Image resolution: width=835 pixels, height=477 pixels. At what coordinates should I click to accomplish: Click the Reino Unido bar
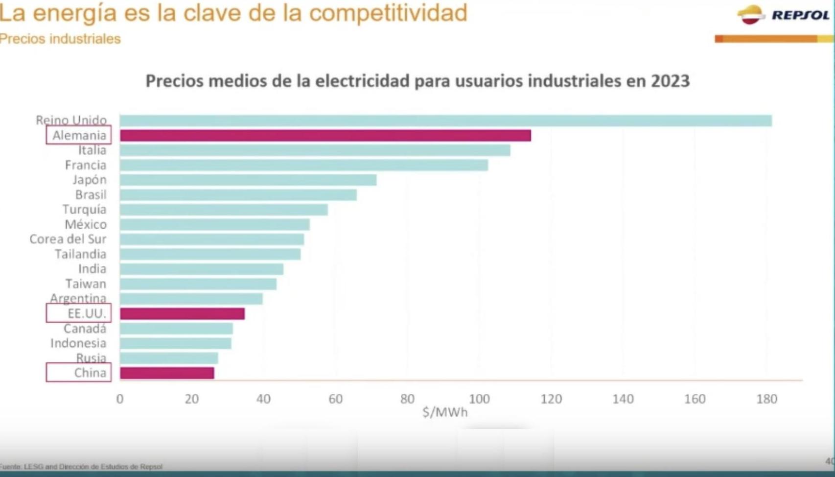pyautogui.click(x=445, y=120)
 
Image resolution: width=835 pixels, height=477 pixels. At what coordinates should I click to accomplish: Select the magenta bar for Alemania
pyautogui.click(x=325, y=135)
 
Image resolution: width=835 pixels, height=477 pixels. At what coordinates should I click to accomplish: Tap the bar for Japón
pyautogui.click(x=248, y=180)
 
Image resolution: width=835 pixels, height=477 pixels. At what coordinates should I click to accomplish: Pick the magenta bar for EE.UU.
pyautogui.click(x=182, y=313)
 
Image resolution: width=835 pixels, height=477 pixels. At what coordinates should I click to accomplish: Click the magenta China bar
pyautogui.click(x=167, y=373)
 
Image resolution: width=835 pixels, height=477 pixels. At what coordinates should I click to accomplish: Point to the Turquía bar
pyautogui.click(x=223, y=210)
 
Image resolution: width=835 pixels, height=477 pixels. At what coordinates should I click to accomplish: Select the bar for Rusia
pyautogui.click(x=169, y=358)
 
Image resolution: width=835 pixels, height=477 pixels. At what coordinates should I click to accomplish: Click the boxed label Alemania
pyautogui.click(x=79, y=135)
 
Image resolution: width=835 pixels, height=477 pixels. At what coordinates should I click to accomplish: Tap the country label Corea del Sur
pyautogui.click(x=68, y=239)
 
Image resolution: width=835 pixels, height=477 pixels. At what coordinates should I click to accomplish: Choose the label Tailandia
pyautogui.click(x=80, y=254)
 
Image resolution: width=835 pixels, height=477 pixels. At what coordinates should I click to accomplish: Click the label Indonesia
pyautogui.click(x=78, y=343)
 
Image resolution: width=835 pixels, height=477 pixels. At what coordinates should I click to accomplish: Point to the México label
pyautogui.click(x=85, y=224)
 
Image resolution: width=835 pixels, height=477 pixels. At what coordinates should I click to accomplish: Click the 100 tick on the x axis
pyautogui.click(x=479, y=399)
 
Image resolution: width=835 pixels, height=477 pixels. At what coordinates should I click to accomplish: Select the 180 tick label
pyautogui.click(x=766, y=399)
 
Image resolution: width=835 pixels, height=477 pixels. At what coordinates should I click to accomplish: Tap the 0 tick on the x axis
pyautogui.click(x=120, y=399)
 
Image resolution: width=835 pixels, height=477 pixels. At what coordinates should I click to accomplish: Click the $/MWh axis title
pyautogui.click(x=445, y=412)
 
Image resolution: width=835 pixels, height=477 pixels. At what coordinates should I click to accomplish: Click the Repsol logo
pyautogui.click(x=783, y=15)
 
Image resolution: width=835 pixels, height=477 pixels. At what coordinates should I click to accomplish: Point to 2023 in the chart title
pyautogui.click(x=670, y=81)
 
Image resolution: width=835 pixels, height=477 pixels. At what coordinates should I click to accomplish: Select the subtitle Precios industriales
pyautogui.click(x=60, y=39)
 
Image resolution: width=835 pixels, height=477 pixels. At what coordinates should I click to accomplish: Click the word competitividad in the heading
pyautogui.click(x=388, y=13)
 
